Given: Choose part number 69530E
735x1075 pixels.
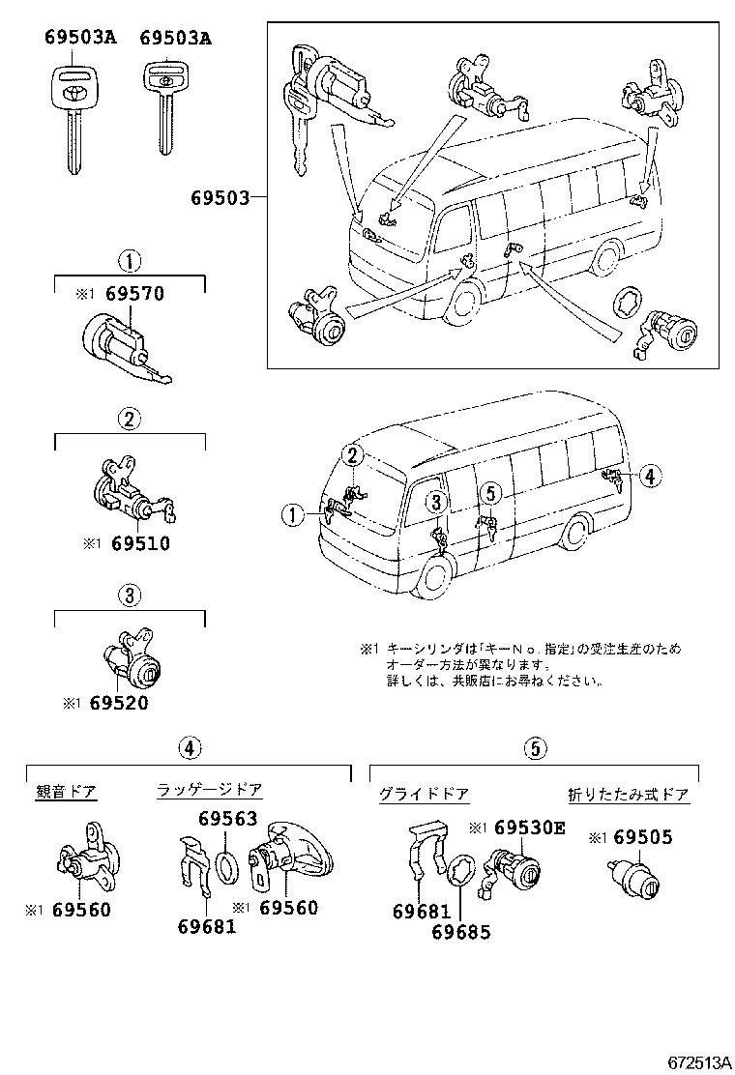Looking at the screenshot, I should (529, 828).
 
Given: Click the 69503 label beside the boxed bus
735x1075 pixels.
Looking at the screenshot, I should (220, 198).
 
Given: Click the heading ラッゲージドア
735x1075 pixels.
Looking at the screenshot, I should (210, 791).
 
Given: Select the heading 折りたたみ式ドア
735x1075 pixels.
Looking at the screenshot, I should (628, 795).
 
